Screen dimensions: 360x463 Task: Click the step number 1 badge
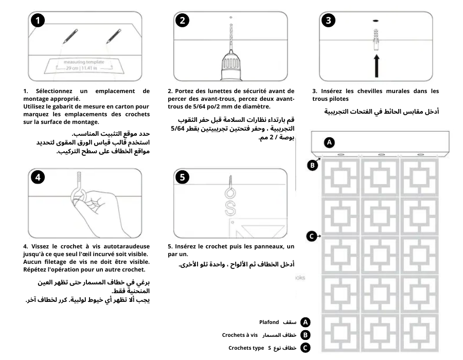(37, 21)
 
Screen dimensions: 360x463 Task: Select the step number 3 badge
(329, 21)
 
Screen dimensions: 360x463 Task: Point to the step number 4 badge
(37, 176)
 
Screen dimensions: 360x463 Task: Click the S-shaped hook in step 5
(231, 208)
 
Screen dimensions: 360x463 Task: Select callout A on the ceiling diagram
(330, 141)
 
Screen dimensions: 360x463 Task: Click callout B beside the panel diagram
(312, 165)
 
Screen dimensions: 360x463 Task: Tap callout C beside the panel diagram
(312, 236)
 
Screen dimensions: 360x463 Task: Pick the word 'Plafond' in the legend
(269, 322)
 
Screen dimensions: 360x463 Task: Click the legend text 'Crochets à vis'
(240, 335)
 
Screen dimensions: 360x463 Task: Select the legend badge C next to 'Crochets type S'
(306, 348)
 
